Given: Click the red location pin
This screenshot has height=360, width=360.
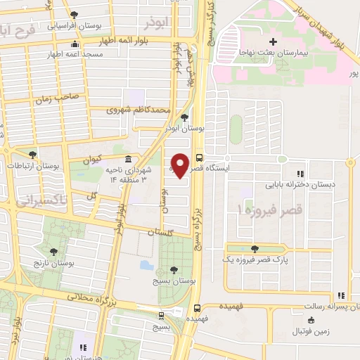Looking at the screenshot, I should click(x=181, y=165).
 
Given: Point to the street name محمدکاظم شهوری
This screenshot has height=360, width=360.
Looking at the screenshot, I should click(x=139, y=110).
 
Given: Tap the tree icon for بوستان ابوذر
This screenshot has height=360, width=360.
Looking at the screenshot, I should click(x=185, y=118).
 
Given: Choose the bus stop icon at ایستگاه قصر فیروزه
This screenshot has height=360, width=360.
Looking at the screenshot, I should click(x=200, y=157).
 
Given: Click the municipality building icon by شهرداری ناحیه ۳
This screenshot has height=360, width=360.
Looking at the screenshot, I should click(x=128, y=158).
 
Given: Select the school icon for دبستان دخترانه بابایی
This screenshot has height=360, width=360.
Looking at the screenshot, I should click(x=300, y=174).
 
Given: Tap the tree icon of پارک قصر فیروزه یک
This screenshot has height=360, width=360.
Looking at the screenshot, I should click(x=254, y=248).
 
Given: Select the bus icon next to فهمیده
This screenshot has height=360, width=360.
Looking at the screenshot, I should click(x=198, y=307).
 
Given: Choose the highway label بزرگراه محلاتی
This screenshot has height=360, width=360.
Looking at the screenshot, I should click(x=91, y=299).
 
